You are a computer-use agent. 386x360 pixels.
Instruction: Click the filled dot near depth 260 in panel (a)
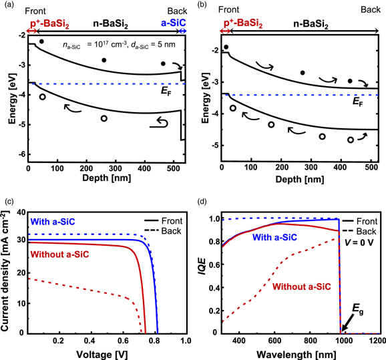tap(104, 60)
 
